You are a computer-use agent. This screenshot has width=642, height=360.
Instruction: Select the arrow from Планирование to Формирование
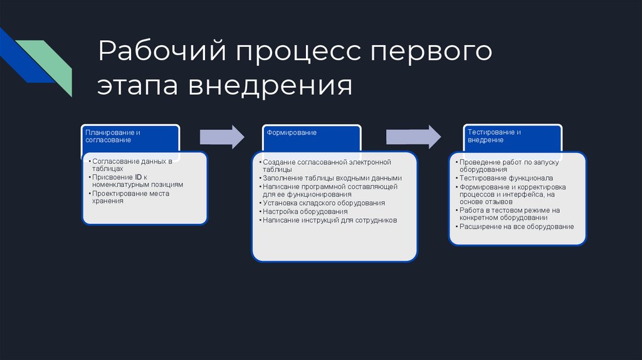click(x=221, y=137)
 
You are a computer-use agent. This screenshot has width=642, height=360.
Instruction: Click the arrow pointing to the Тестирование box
click(x=413, y=137)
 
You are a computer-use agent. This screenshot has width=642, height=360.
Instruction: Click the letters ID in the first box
click(x=139, y=177)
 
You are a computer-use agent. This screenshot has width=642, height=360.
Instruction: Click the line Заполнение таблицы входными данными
click(x=332, y=178)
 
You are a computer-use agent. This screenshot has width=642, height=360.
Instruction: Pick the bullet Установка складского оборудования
click(x=324, y=203)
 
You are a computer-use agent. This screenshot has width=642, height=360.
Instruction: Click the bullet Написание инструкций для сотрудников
click(x=330, y=221)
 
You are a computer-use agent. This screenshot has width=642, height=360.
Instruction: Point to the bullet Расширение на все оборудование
click(x=517, y=226)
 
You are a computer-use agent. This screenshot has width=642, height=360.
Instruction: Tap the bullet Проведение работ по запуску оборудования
click(x=509, y=166)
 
